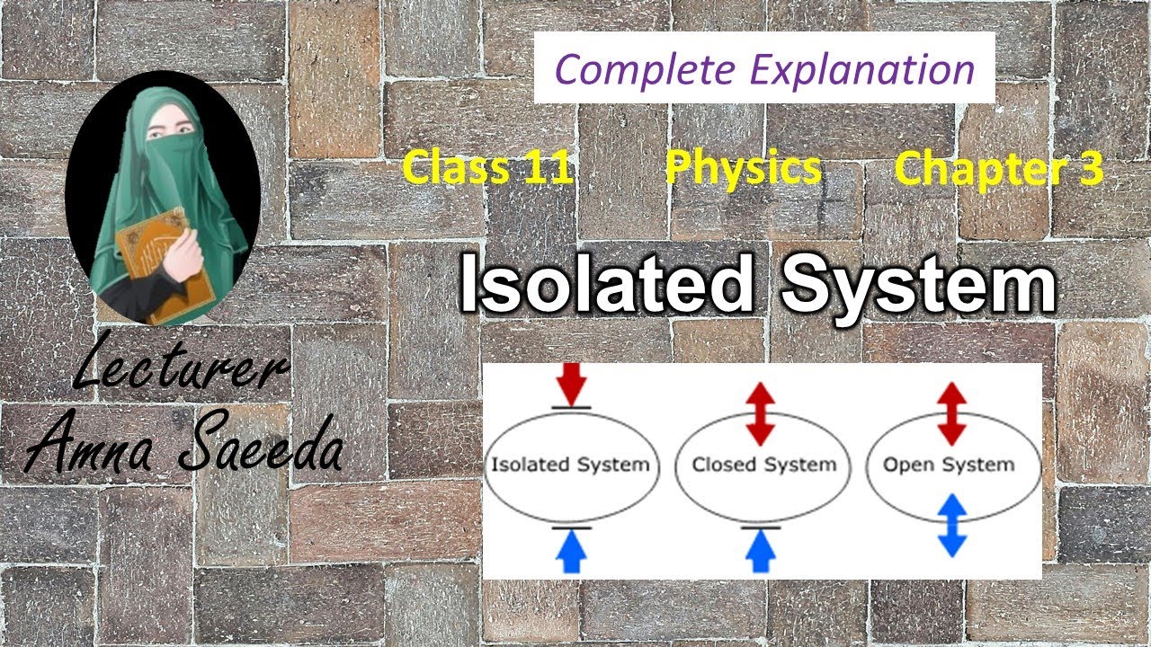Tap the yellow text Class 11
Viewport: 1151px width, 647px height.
pos(487,168)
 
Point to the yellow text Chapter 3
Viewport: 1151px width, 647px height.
pos(998,168)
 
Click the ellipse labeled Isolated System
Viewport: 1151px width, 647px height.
pos(569,465)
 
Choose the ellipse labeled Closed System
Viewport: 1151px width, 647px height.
pos(763,465)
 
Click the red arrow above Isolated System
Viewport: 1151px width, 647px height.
pos(571,385)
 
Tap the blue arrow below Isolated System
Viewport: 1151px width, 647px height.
pos(571,550)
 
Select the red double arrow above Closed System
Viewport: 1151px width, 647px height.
pos(761,412)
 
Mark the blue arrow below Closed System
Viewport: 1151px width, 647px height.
pos(761,550)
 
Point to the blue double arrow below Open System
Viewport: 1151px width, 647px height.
pos(951,525)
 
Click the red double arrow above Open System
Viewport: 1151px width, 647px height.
pos(951,412)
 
